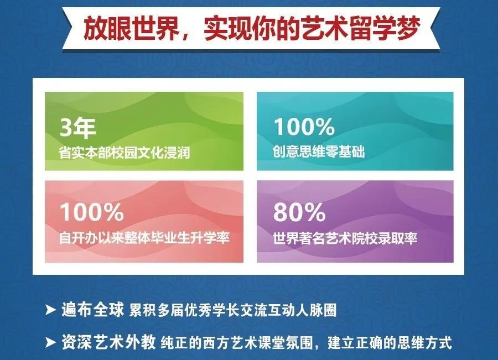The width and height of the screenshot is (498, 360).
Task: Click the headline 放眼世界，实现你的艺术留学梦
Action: point(252,29)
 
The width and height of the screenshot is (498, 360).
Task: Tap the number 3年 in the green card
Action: point(78,128)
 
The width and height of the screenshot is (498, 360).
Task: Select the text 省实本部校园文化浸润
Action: point(124,153)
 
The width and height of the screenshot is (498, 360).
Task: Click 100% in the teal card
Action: point(304,127)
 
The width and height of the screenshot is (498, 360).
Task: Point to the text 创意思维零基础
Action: point(319,152)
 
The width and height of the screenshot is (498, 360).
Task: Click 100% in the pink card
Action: point(92,212)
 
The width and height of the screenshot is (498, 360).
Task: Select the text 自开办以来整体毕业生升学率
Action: point(144,238)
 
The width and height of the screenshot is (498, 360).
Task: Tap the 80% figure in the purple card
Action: point(299,212)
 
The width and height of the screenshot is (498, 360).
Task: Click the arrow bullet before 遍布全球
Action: point(50,310)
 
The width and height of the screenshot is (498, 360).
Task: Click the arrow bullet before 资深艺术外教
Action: point(50,342)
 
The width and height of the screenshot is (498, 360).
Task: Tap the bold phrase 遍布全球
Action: point(92,310)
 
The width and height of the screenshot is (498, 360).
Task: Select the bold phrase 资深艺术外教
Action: point(108,342)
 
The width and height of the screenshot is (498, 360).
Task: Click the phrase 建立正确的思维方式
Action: point(390,343)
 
